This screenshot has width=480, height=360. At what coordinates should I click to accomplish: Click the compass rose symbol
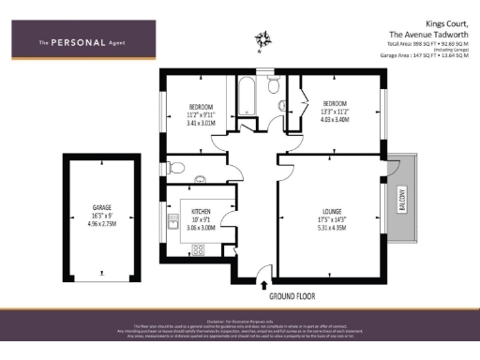click(x=262, y=39)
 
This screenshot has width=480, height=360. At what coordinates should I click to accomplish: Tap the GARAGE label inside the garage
click(x=102, y=207)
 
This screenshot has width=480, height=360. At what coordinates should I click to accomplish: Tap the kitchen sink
click(x=172, y=222)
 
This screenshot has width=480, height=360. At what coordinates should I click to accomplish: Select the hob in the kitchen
click(x=198, y=249)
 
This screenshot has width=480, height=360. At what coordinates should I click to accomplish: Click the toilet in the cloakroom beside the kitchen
click(x=175, y=169)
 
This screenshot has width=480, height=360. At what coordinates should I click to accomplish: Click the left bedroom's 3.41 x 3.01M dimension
click(x=202, y=123)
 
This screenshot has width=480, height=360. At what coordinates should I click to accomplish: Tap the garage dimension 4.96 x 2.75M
click(x=102, y=224)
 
